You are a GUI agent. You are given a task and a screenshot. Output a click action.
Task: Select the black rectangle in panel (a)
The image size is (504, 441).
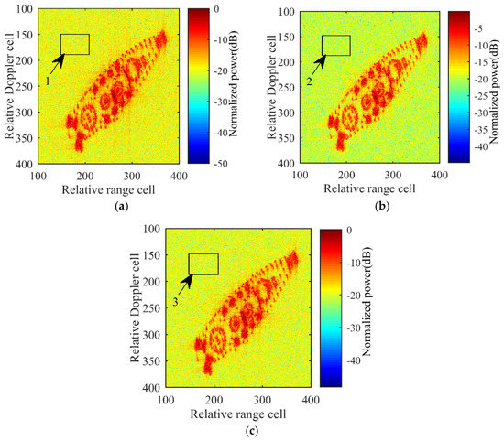tap(74, 44)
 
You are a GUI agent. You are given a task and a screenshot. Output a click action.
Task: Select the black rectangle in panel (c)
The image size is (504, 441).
tap(203, 264)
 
